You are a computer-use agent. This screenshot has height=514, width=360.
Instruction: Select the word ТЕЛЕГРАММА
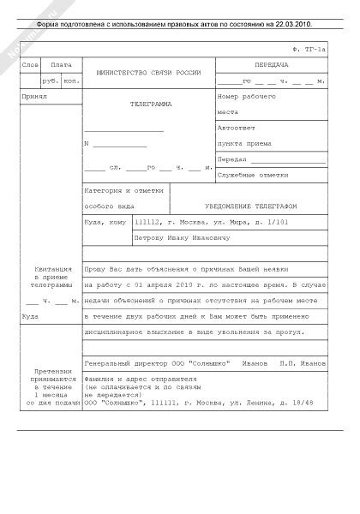[x=150, y=105]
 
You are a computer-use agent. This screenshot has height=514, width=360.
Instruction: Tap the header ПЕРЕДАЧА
[x=272, y=65]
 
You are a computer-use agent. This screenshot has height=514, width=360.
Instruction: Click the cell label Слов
[x=30, y=65]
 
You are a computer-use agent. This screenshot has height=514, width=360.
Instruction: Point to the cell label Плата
[x=61, y=65]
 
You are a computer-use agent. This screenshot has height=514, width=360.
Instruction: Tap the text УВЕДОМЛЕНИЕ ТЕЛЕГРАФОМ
[x=249, y=206]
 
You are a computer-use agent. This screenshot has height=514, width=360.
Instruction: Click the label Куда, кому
[x=103, y=222]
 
